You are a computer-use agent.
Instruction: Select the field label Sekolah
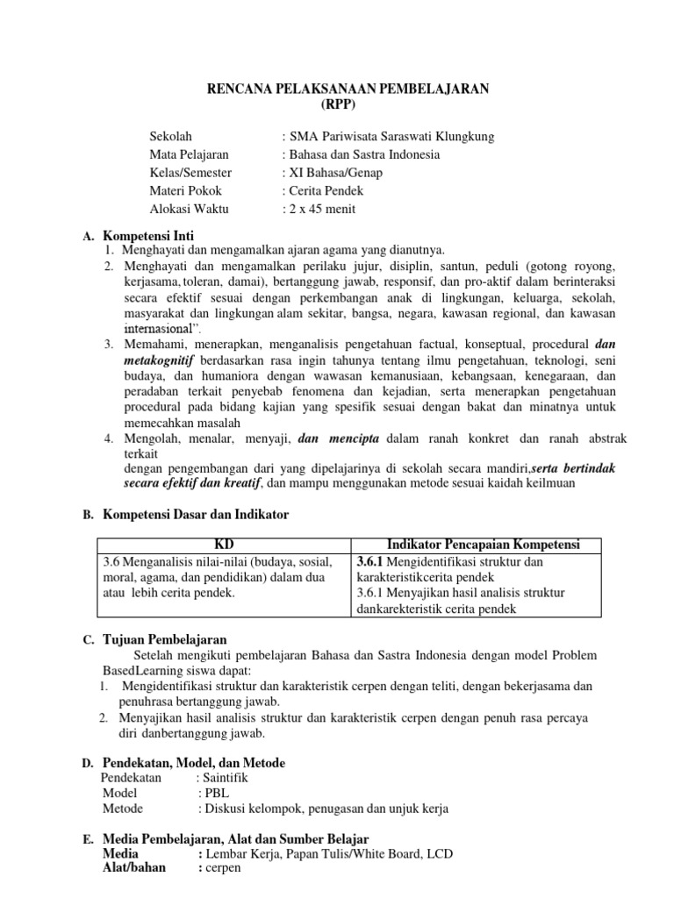(170, 137)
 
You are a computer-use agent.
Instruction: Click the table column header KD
(224, 545)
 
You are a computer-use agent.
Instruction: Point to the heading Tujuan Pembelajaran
(165, 640)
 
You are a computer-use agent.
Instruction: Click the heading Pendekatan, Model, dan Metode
(194, 762)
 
